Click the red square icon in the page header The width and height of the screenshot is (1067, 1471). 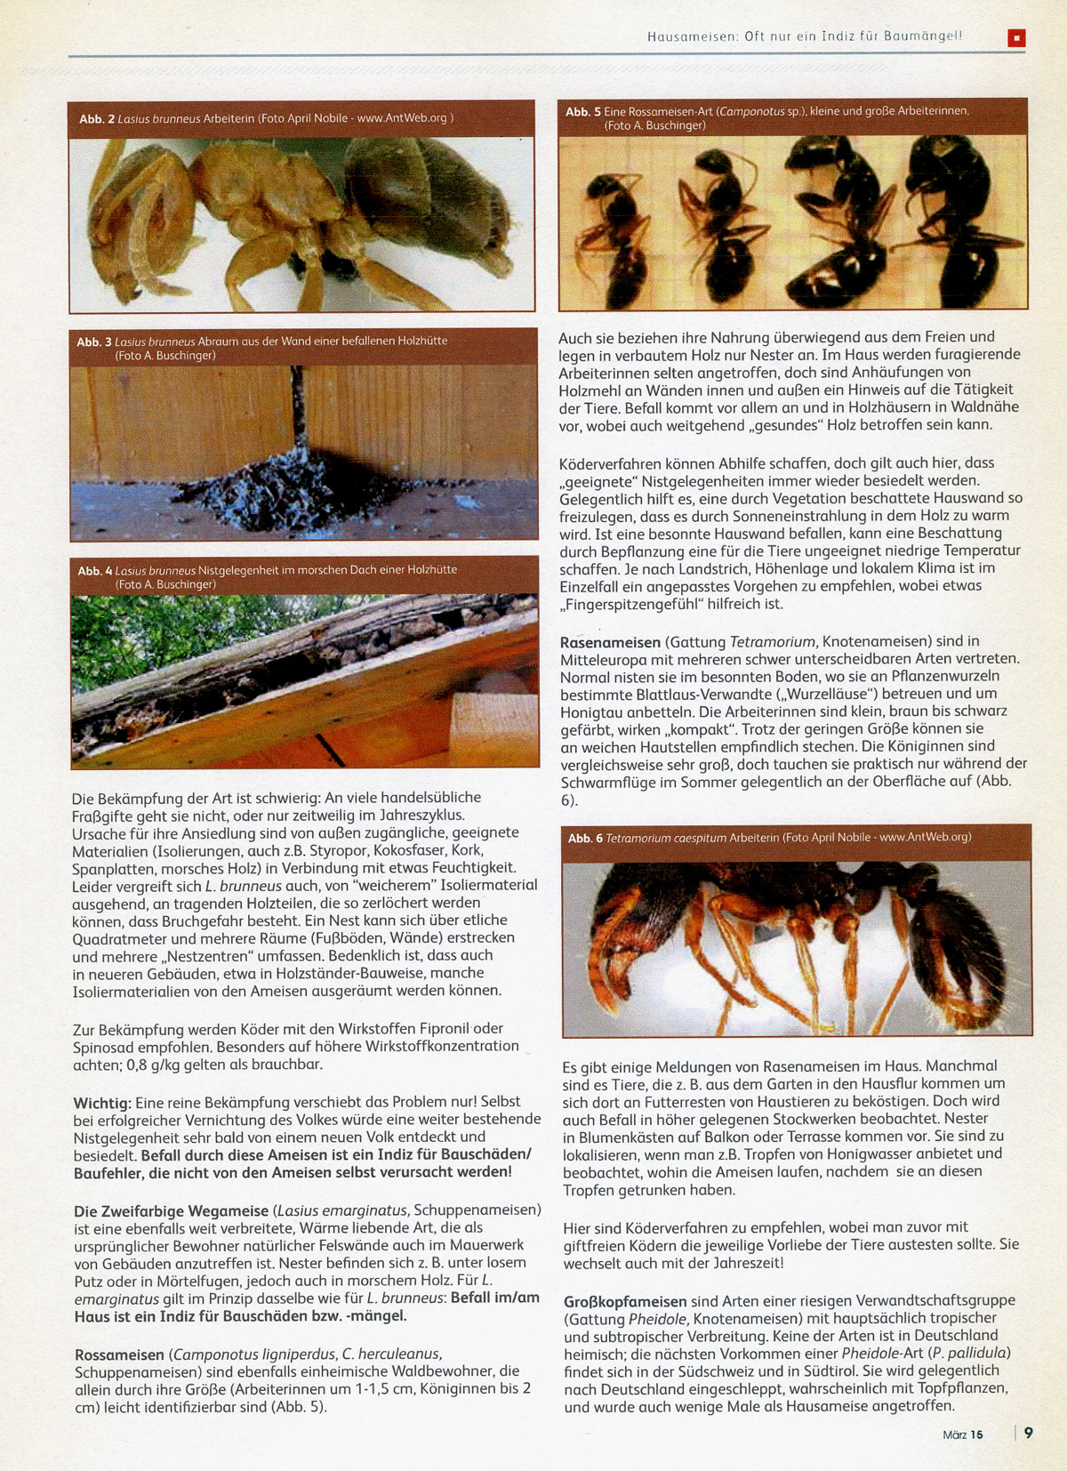(1016, 37)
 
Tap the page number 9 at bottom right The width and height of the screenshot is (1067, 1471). (1029, 1433)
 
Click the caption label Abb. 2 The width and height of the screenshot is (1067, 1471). (97, 118)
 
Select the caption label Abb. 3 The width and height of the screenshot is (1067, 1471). (94, 342)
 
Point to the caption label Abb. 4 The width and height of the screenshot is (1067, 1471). (95, 570)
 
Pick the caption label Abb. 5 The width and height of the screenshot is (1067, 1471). (583, 112)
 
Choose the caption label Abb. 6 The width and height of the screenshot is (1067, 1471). (585, 838)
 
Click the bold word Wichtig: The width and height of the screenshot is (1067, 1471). (102, 1102)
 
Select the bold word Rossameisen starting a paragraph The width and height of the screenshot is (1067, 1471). (119, 1354)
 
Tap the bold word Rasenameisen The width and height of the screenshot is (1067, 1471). (610, 641)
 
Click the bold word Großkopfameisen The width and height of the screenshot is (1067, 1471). (625, 1300)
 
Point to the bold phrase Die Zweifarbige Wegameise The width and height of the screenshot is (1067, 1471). (171, 1210)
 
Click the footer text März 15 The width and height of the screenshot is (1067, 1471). (963, 1435)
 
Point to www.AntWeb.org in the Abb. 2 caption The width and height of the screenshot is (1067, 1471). (402, 118)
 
